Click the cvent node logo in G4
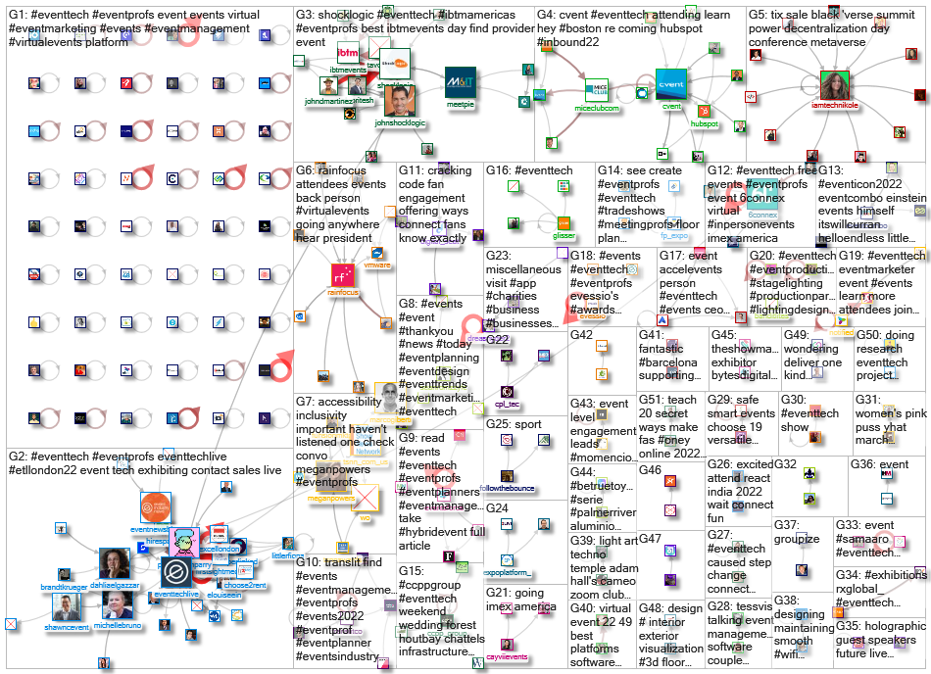click(671, 83)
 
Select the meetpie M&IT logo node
click(460, 82)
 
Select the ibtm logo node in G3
click(347, 54)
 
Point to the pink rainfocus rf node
click(342, 275)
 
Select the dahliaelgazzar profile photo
click(114, 563)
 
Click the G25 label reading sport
click(527, 425)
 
